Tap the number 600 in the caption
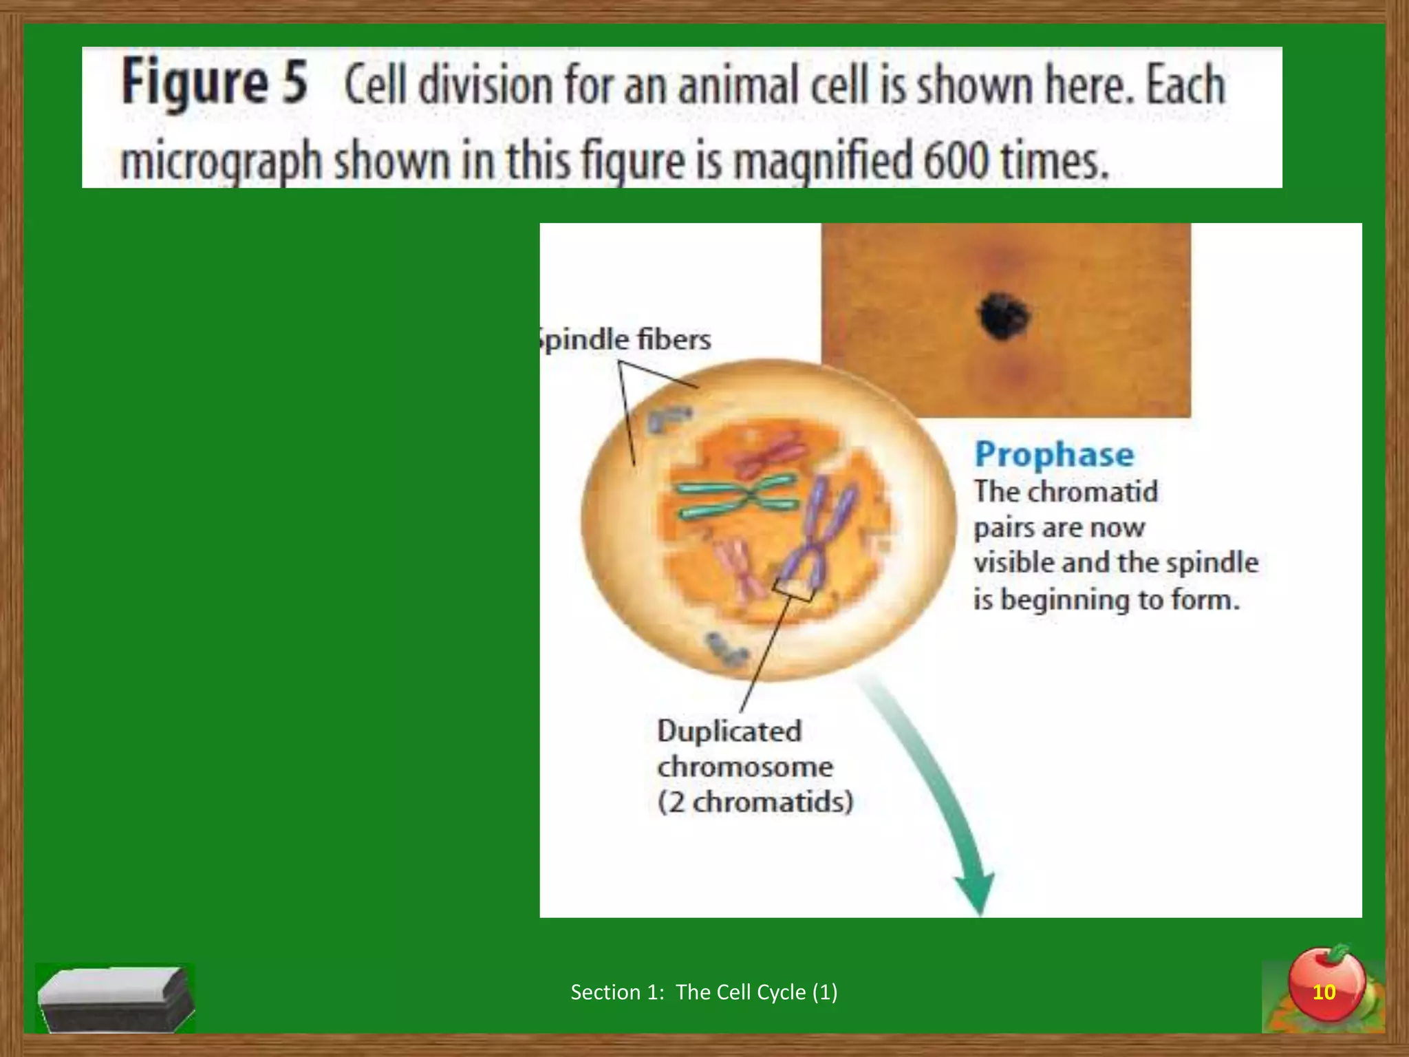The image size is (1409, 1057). click(954, 160)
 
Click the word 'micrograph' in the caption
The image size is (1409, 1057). click(221, 162)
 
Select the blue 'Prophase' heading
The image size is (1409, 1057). click(1054, 455)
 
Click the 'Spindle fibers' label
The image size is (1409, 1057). click(625, 340)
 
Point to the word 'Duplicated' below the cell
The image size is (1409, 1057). click(729, 731)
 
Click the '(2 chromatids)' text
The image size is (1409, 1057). click(755, 802)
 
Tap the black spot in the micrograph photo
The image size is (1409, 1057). click(1004, 316)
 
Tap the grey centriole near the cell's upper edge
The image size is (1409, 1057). click(667, 418)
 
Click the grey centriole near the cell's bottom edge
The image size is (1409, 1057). click(725, 650)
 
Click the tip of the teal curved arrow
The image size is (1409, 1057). click(978, 908)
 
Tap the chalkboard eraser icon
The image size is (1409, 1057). click(115, 998)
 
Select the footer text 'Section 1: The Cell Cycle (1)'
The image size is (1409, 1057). click(704, 992)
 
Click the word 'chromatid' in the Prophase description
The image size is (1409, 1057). click(1093, 492)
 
